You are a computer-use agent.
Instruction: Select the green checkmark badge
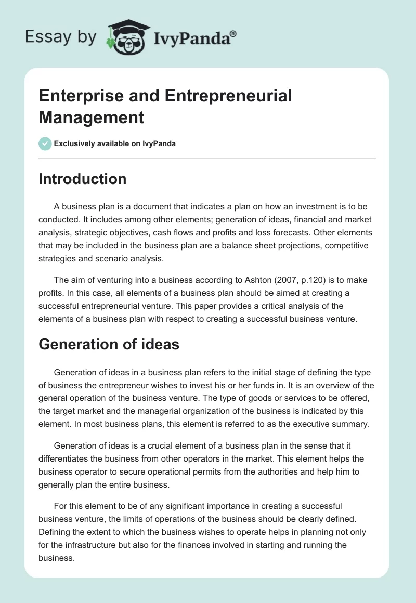click(45, 143)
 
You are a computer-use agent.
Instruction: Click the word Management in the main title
click(91, 117)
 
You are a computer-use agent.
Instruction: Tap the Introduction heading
click(83, 179)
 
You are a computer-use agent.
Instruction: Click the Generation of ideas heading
click(109, 344)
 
